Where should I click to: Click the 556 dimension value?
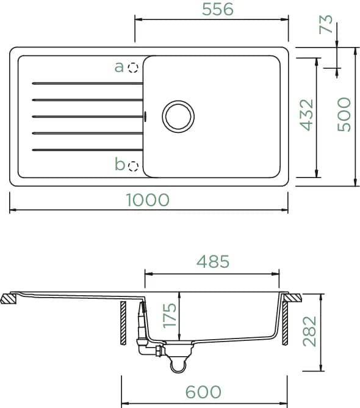[x=218, y=9]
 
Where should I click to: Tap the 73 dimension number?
[x=326, y=24]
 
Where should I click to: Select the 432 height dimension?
[x=307, y=115]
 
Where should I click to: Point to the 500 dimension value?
[x=344, y=114]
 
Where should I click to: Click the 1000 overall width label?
[x=148, y=200]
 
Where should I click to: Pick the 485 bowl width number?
[x=213, y=262]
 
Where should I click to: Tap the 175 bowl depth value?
[x=170, y=315]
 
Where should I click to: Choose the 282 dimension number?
[x=309, y=331]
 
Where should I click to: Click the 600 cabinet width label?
[x=203, y=392]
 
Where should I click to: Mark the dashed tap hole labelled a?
[x=133, y=68]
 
